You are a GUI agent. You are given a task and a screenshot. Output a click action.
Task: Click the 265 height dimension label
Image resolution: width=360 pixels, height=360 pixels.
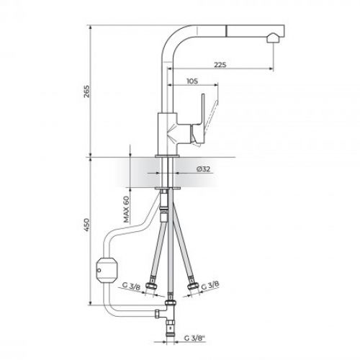pyautogui.click(x=86, y=91)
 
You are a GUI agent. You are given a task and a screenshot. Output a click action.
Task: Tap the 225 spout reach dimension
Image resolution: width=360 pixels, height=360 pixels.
pyautogui.click(x=220, y=65)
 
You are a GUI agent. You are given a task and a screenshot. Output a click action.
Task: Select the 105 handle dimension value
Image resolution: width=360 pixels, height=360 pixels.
pyautogui.click(x=192, y=81)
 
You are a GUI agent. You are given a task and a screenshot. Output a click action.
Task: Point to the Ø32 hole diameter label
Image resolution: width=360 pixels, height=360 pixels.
pyautogui.click(x=203, y=169)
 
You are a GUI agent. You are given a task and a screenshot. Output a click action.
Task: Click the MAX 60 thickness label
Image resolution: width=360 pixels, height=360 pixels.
pyautogui.click(x=126, y=210)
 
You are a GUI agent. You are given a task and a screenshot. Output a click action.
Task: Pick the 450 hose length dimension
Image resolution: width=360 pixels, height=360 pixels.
pyautogui.click(x=86, y=225)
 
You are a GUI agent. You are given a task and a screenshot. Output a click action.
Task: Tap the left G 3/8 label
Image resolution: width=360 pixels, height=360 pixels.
pyautogui.click(x=131, y=286)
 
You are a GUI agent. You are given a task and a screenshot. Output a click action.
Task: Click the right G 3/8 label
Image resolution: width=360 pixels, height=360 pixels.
pyautogui.click(x=210, y=285)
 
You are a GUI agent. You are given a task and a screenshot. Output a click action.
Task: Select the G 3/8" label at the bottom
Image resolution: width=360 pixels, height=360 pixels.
pyautogui.click(x=195, y=338)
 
